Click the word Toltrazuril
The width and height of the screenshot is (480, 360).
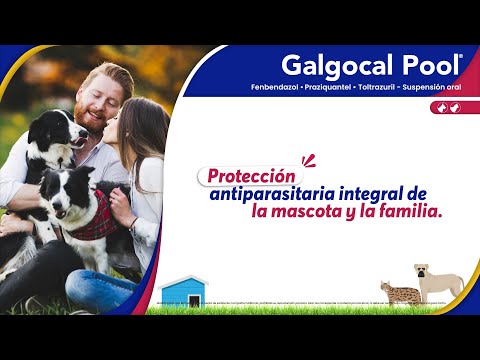376,87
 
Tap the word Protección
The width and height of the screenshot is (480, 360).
251,177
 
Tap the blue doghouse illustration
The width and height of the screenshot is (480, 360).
183,292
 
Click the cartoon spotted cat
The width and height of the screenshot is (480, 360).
401,292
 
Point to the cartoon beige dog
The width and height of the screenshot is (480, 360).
438,282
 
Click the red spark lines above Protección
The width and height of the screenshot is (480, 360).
308,161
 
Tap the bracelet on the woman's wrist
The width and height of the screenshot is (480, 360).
133,223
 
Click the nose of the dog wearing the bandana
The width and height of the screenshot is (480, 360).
56,204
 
